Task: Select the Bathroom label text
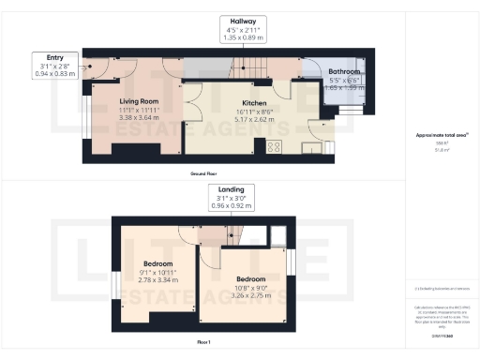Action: (344, 72)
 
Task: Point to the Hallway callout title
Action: (244, 20)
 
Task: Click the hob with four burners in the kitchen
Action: (277, 145)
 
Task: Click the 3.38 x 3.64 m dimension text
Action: (138, 119)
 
